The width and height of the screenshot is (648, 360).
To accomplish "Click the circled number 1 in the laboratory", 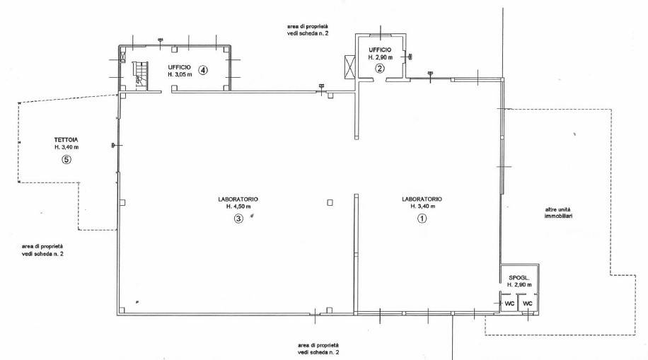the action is coord(422,219).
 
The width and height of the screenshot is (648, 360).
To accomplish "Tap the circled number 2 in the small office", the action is coord(380,69).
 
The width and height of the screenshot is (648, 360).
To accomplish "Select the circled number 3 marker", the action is coord(238,219).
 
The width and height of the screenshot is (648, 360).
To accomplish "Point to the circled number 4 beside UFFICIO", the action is coord(202,70).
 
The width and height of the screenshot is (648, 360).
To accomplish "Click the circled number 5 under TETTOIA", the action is coord(66,159).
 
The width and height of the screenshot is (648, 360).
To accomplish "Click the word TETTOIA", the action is coord(66,140).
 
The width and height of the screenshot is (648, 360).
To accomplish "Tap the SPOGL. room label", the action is coord(519,278).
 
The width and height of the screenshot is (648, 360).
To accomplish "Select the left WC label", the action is coord(509,304).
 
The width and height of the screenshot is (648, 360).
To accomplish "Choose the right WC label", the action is coord(528,304).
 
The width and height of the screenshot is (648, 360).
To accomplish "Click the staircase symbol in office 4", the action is coord(139,75).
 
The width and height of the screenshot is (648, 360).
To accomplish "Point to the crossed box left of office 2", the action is coord(349,66).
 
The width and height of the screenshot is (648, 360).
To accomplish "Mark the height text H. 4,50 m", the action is coord(238,207).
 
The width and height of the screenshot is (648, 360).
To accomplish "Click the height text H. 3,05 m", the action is coord(180,75).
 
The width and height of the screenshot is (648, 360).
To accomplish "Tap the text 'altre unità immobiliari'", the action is coord(558,212).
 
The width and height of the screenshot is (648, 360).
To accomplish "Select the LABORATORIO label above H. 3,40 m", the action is coord(422,199).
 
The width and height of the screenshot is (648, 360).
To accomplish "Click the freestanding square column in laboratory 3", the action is coord(330,202).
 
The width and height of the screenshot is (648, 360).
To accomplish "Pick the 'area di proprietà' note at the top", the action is coord(308,30).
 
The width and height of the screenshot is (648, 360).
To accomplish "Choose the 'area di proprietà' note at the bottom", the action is coord(318,349).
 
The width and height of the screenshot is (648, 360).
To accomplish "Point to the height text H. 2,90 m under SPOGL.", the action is coord(519,285).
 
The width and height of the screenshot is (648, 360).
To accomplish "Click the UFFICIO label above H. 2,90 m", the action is coord(380,50).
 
